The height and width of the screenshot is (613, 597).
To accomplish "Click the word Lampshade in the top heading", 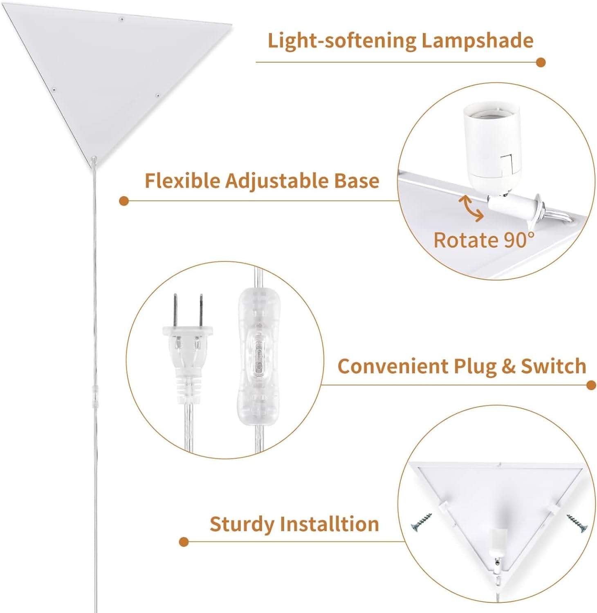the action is click(477, 40).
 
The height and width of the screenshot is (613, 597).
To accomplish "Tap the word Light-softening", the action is click(341, 40).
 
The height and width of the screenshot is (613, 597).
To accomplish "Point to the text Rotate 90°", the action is click(484, 240).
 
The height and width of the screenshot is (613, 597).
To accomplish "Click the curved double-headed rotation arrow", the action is click(471, 208).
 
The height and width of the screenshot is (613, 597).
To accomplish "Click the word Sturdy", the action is click(242, 524).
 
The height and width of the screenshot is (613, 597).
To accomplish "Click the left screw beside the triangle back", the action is click(422, 522).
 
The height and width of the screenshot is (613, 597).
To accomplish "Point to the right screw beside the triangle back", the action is click(577, 524).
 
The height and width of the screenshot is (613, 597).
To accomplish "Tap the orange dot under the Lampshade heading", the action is click(541, 63).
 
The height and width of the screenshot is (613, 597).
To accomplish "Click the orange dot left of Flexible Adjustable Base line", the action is click(124, 201).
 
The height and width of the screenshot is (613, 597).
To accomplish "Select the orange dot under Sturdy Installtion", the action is click(184, 542).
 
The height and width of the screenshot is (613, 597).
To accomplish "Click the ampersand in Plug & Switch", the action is click(508, 366).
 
